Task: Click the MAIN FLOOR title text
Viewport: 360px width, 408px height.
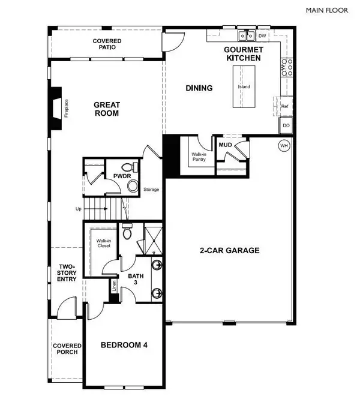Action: (x=331, y=10)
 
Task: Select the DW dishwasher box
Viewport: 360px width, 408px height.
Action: (x=262, y=35)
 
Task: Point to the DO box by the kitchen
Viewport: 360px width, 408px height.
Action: (x=286, y=125)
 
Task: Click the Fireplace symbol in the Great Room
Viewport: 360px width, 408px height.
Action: (x=56, y=109)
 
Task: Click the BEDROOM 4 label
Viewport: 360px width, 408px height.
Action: (x=124, y=345)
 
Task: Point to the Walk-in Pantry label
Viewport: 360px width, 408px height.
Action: (x=199, y=157)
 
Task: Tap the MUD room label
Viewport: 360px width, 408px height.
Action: (x=226, y=145)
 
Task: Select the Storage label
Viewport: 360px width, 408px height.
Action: (x=151, y=190)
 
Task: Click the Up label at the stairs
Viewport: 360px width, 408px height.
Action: (x=78, y=209)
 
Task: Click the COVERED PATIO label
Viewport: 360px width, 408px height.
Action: (x=107, y=44)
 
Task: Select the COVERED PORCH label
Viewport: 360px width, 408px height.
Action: (x=66, y=349)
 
